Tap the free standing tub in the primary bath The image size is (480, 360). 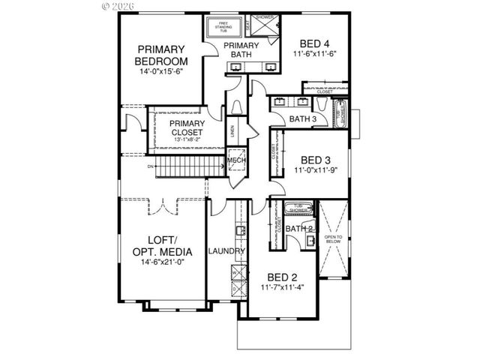pos(223,27)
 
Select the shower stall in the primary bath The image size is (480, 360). pos(265,25)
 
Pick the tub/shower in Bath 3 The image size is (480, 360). pos(341,114)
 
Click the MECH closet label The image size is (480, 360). pos(237,161)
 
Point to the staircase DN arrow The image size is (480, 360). pos(151,166)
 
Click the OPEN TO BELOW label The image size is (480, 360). pos(331,240)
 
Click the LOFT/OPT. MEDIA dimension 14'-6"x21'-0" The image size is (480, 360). pos(161,263)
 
